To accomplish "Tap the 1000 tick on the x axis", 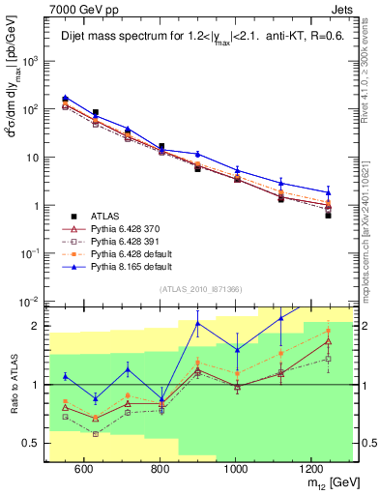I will (x=236, y=468).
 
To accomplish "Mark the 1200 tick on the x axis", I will (x=311, y=468).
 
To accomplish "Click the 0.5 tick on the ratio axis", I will (x=36, y=444).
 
